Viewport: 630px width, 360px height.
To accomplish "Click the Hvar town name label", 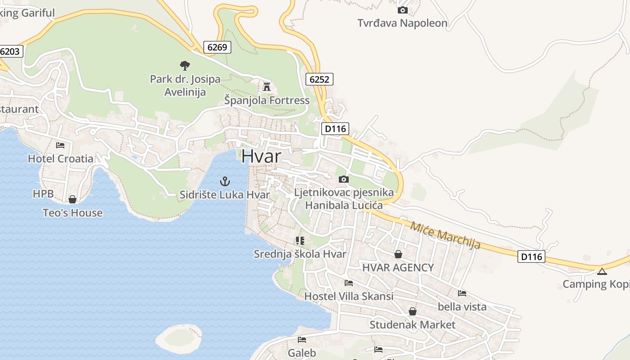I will (261, 156).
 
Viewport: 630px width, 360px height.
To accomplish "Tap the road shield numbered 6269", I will (217, 47).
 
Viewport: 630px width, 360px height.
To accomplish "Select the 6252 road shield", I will (319, 80).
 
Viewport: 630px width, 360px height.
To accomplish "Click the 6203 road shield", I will (10, 51).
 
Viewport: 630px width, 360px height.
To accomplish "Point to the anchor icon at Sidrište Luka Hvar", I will (225, 181).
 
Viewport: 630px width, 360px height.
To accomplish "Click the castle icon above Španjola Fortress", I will (267, 86).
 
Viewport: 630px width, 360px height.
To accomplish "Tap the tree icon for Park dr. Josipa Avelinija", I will (184, 66).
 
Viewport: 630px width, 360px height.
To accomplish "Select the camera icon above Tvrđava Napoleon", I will (402, 10).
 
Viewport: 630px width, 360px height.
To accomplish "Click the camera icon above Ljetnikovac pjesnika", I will (344, 179).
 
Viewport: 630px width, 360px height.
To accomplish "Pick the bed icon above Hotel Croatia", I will (60, 145).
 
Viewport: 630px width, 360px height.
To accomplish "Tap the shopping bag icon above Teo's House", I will (72, 199).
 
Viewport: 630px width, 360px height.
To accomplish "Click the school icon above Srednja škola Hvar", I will (300, 241).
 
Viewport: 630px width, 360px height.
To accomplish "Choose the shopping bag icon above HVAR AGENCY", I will (398, 254).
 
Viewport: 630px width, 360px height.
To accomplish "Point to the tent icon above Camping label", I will (602, 271).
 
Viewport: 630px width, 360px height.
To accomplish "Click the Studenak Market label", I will (412, 324).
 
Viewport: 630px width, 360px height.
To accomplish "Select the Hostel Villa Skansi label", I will (349, 296).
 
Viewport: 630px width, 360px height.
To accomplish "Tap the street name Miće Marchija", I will (445, 234).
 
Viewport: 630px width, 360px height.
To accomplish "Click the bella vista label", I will (462, 306).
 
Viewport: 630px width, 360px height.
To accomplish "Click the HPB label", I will (43, 194).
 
